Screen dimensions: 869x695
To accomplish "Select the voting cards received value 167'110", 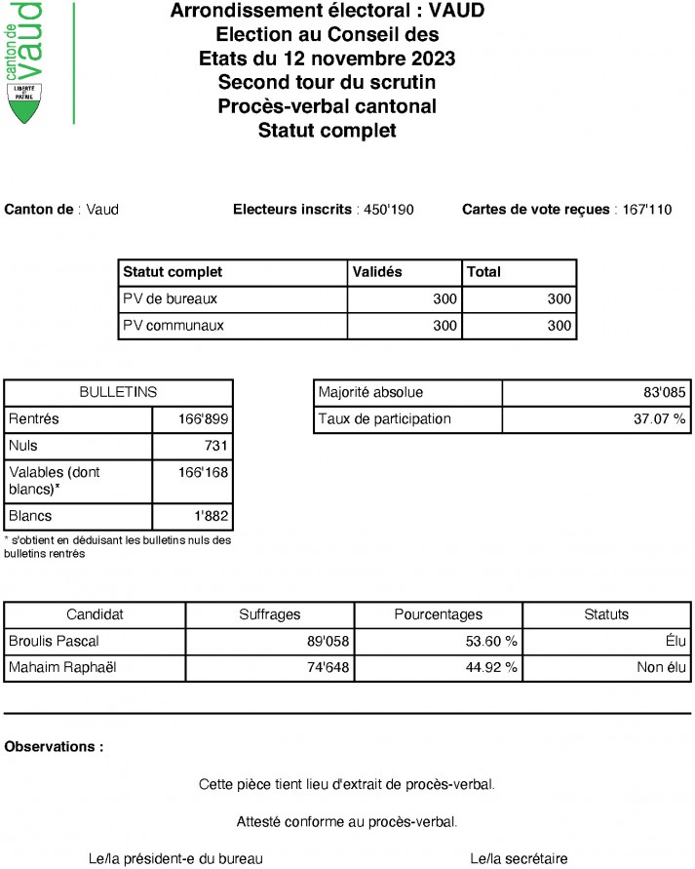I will pos(647,210).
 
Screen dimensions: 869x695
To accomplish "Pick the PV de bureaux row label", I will pos(170,299).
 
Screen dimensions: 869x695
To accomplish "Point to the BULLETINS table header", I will pos(118,392).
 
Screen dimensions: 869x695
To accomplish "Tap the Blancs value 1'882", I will pos(211,516).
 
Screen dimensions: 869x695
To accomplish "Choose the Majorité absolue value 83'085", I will pos(663,393).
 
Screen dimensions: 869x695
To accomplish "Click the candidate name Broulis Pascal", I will pos(54,641).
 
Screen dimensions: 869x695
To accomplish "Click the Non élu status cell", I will pos(663,668).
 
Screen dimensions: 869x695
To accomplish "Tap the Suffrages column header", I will pos(270,614).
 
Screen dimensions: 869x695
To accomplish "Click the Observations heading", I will pos(55,747).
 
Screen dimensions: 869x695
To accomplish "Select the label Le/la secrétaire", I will pos(519,858).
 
